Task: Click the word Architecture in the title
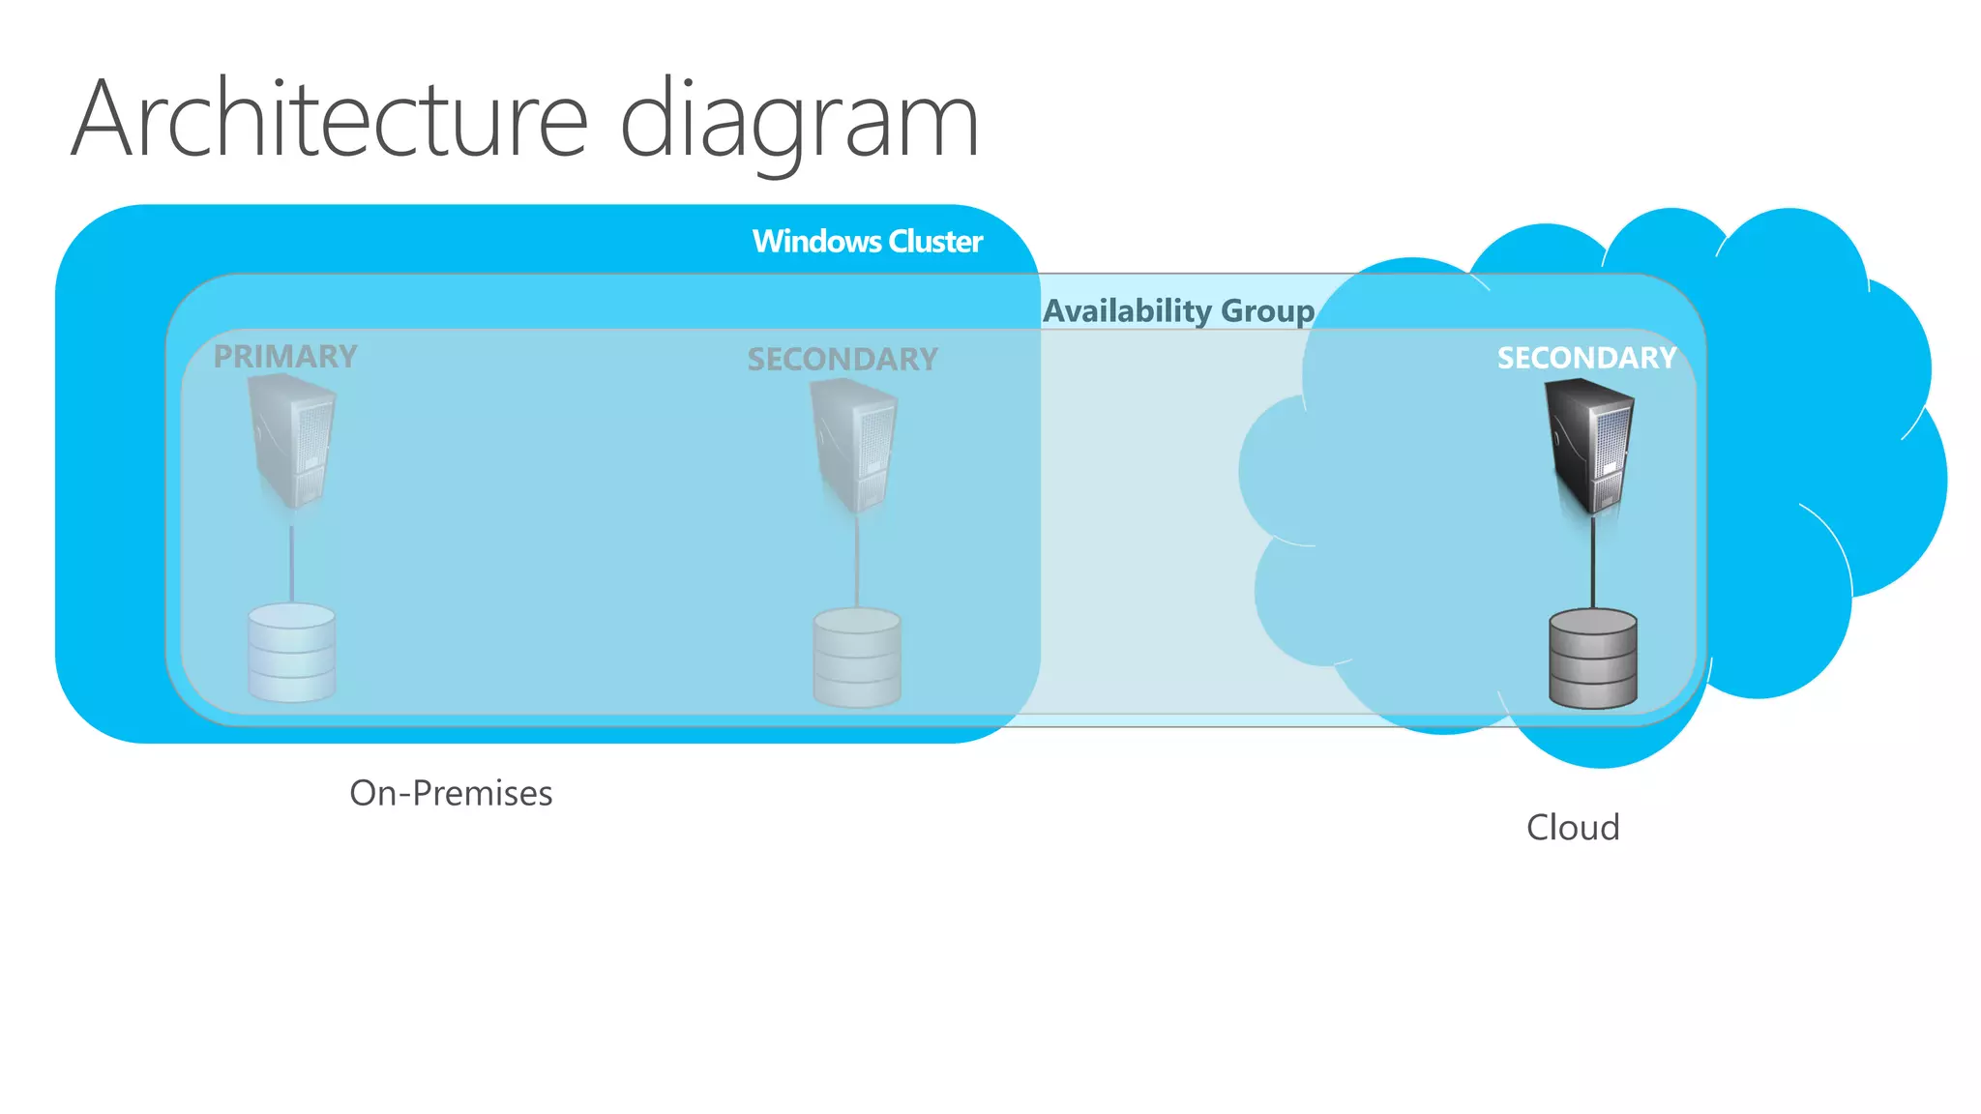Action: point(329,120)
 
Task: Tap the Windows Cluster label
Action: point(867,241)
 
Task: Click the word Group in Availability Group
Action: point(1267,311)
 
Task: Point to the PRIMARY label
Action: point(285,356)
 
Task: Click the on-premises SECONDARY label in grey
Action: point(842,359)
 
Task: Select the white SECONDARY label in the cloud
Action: point(1586,358)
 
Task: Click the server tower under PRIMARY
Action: point(292,442)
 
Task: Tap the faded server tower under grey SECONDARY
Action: point(855,445)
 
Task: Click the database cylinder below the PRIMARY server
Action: point(292,653)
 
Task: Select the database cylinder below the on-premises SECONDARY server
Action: point(857,658)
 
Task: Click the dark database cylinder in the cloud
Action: point(1592,659)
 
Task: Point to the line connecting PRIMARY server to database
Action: point(292,566)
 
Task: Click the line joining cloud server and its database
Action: point(1593,566)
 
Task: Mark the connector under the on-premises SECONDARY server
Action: point(857,566)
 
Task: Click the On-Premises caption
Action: point(451,793)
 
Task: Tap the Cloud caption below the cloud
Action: point(1573,828)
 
